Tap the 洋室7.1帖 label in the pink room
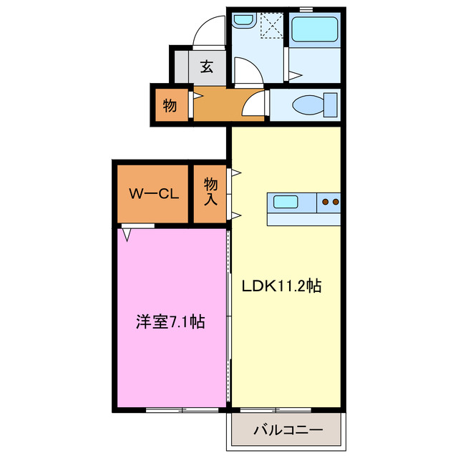[170, 321]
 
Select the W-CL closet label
[154, 193]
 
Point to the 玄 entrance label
[206, 67]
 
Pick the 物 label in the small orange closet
[170, 106]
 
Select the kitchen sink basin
[286, 202]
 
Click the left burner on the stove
[325, 202]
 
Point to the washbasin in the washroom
[243, 21]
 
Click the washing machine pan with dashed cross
[272, 27]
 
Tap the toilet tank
[330, 104]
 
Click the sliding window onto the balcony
[276, 410]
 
